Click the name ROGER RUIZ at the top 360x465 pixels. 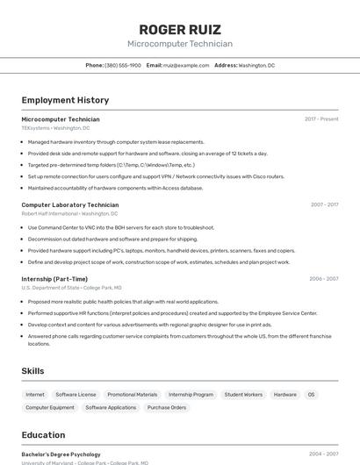point(180,29)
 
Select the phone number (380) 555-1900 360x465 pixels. point(123,65)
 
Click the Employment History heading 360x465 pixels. point(65,100)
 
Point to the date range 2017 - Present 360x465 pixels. point(321,119)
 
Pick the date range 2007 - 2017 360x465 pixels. point(324,204)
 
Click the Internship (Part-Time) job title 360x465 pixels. point(54,278)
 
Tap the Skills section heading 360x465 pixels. point(32,371)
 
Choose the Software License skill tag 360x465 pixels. point(76,395)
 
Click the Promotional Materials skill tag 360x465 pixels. point(133,395)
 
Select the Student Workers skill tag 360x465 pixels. point(243,395)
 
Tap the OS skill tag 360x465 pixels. point(311,395)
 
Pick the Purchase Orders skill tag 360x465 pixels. point(167,408)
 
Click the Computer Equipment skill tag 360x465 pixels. point(50,408)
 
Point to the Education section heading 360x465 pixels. point(43,435)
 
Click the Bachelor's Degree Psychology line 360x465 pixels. point(61,454)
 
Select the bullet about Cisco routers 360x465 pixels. point(156,176)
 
